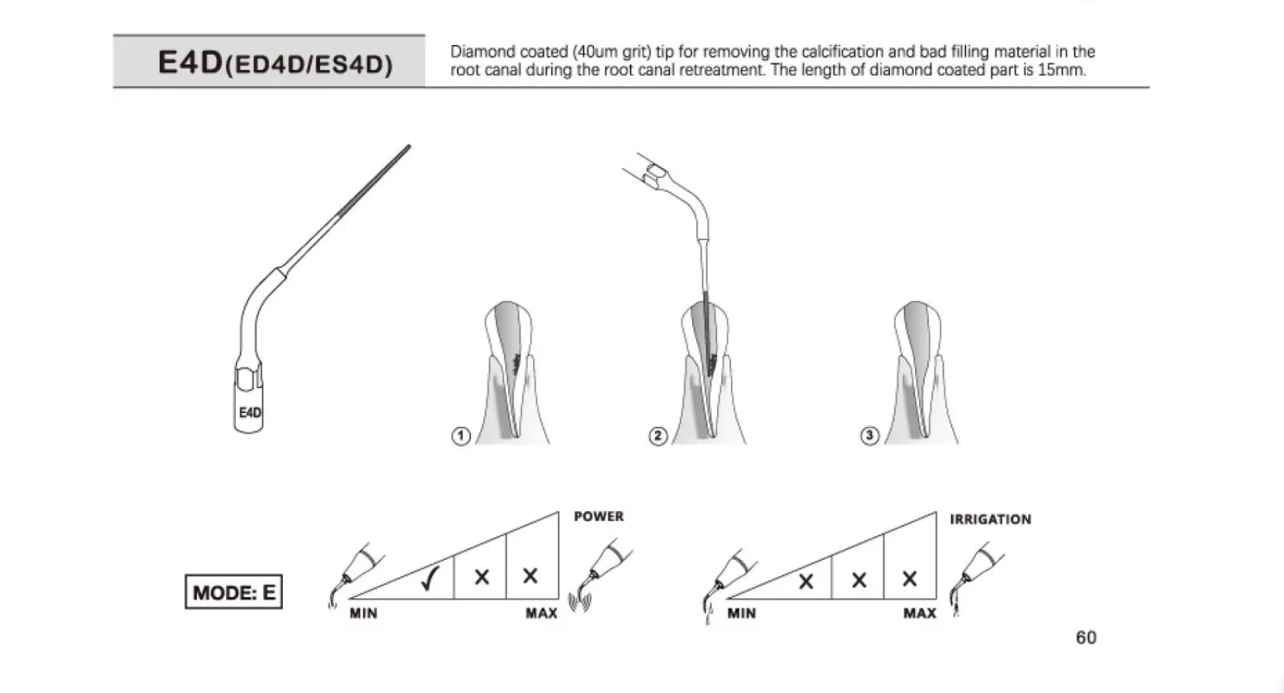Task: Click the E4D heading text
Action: coord(275,62)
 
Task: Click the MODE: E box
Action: coord(234,592)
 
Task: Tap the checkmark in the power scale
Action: coord(429,578)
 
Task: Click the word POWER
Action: coord(599,517)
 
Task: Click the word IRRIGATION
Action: coord(990,520)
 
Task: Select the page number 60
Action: coord(1086,637)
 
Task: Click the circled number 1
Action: coord(461,436)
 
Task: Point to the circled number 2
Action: coord(658,436)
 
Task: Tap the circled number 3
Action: coord(869,436)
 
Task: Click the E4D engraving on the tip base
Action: coord(250,413)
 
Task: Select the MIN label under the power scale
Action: coord(364,614)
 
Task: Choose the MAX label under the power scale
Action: coord(542,614)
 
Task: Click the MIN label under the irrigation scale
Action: coord(742,614)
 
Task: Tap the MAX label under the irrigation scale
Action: coord(920,614)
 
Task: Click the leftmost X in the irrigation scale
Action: coord(806,582)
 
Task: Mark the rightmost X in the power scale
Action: coord(530,576)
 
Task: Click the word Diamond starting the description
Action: coord(483,52)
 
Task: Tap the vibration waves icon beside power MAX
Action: coord(580,602)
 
